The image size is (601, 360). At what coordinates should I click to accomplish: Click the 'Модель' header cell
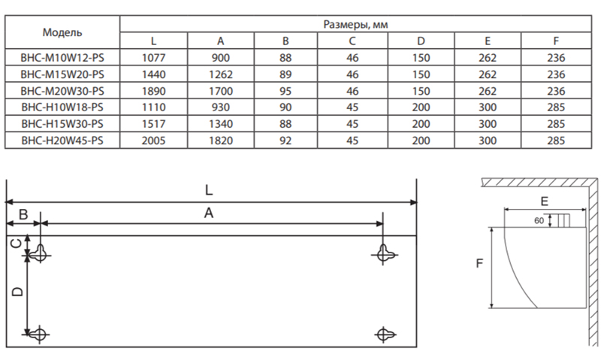pos(62,32)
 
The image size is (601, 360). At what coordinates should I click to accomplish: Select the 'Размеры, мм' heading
pos(355,25)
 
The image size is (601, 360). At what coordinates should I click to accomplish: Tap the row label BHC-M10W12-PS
pos(62,58)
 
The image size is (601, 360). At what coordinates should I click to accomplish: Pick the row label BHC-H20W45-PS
pos(62,141)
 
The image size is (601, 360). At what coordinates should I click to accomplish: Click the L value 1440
pos(154,74)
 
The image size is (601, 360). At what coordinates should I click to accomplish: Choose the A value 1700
pos(221,91)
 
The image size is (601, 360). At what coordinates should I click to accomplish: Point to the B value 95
pos(285,91)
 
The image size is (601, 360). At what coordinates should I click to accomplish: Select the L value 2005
pos(154,141)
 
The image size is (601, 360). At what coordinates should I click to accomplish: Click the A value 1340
pos(221,124)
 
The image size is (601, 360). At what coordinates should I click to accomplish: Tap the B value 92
pos(285,141)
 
